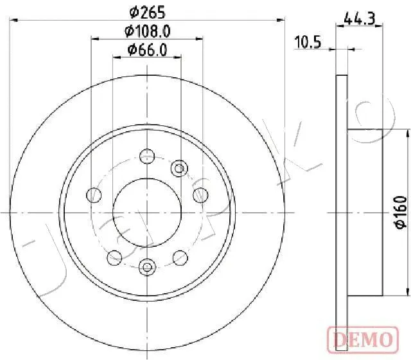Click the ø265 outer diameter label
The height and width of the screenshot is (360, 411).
point(148,12)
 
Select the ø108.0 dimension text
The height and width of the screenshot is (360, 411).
point(148,32)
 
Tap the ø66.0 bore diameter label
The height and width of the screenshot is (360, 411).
point(147,50)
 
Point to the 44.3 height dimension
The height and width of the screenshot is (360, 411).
point(360,19)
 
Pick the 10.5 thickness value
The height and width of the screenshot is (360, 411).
point(308,42)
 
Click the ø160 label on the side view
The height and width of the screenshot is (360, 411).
point(401,212)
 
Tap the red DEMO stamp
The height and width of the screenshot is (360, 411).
point(363,339)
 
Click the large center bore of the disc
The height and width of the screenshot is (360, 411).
point(147,213)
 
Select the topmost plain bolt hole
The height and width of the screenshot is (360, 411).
point(147,156)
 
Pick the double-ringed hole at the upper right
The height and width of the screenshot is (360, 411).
point(179,168)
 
